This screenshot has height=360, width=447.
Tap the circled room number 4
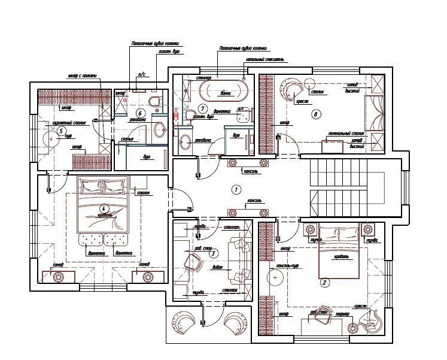pyautogui.click(x=104, y=208)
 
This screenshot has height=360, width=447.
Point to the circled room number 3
pyautogui.click(x=212, y=253)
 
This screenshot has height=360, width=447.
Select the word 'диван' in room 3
pyautogui.click(x=217, y=267)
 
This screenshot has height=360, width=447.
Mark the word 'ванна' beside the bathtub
pyautogui.click(x=226, y=93)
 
